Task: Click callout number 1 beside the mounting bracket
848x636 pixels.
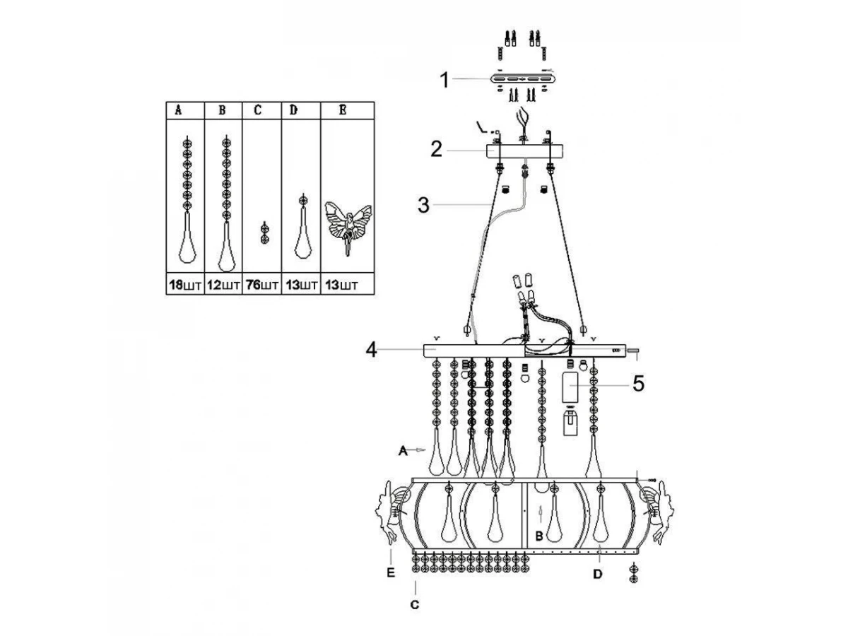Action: click(x=444, y=81)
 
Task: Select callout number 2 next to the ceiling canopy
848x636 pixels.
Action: click(x=437, y=149)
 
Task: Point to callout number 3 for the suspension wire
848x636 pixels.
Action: click(x=423, y=205)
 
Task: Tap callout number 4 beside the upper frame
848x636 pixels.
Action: click(x=371, y=351)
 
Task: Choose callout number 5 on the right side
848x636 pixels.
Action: click(x=639, y=384)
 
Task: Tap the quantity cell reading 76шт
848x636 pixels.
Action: click(x=262, y=285)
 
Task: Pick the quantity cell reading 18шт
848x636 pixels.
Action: click(x=185, y=285)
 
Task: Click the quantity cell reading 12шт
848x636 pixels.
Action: click(x=223, y=285)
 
